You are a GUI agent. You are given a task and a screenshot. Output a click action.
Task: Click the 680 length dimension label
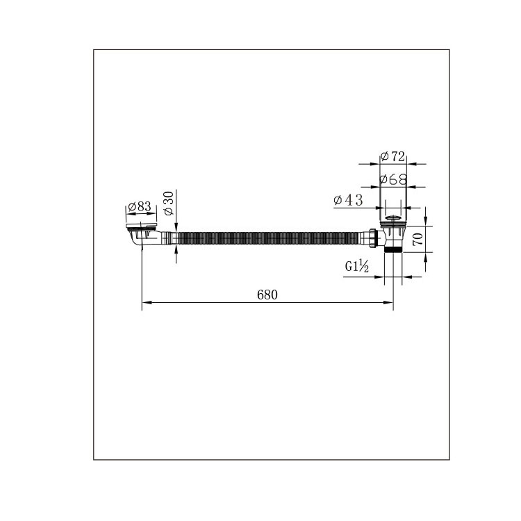[x=267, y=295]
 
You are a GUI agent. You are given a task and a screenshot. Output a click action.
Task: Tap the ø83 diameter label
[x=140, y=207]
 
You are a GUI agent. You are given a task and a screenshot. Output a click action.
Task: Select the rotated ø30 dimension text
[x=169, y=203]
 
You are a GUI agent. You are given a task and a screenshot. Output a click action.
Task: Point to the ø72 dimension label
[x=393, y=156]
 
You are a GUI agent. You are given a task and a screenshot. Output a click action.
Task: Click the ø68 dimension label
[x=393, y=180]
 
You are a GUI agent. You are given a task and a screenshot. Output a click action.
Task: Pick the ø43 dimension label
[x=348, y=200]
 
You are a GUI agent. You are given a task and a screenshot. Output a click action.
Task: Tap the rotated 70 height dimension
[x=418, y=239]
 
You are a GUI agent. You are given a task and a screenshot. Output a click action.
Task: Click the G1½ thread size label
[x=357, y=266]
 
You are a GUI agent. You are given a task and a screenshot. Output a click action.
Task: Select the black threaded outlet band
[x=393, y=249]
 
